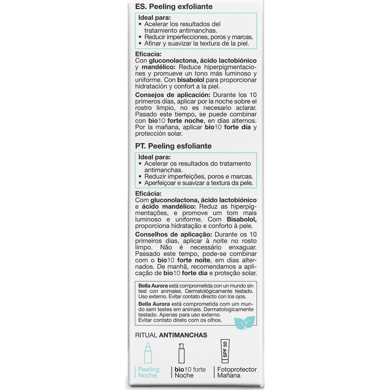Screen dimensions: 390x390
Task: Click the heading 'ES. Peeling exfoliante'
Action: click(174, 6)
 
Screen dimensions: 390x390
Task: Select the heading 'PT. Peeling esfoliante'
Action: click(173, 146)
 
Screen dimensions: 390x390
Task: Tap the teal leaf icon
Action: click(244, 322)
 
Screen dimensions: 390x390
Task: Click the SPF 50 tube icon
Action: click(225, 351)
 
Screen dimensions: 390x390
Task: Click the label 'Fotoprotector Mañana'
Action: click(237, 372)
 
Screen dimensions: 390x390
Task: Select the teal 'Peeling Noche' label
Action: click(148, 372)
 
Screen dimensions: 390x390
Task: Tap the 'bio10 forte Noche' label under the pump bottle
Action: click(190, 372)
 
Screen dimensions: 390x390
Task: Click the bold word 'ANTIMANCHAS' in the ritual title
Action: click(183, 335)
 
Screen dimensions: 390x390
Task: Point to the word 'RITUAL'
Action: click(146, 335)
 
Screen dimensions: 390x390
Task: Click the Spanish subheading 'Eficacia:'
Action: click(148, 54)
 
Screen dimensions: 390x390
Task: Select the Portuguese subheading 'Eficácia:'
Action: click(148, 194)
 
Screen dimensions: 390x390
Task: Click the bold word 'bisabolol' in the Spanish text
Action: click(191, 80)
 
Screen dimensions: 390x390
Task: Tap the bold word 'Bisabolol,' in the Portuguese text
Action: click(242, 219)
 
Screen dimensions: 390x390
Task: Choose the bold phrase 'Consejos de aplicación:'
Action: click(173, 95)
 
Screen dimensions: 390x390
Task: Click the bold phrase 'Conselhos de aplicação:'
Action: click(173, 235)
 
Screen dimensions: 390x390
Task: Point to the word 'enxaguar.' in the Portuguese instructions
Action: click(242, 247)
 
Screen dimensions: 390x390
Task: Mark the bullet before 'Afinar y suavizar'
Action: click(140, 43)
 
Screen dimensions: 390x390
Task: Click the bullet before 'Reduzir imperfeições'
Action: click(140, 177)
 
